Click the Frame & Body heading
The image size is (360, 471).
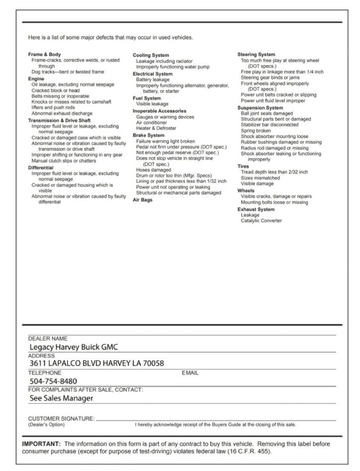tap(44, 55)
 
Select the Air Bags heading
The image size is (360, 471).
tap(142, 200)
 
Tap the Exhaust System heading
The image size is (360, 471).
tap(256, 209)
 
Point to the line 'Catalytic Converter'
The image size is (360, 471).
tap(261, 221)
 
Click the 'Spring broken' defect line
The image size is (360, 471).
tap(256, 130)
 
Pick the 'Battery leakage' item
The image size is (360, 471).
tap(153, 80)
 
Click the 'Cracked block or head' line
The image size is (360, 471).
tap(55, 90)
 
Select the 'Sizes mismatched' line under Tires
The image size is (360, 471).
tap(260, 178)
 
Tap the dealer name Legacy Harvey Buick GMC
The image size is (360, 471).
tap(74, 347)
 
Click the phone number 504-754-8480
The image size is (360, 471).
tap(53, 381)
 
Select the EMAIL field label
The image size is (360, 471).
tap(190, 373)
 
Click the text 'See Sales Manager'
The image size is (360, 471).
tap(61, 398)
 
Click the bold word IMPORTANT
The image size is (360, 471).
tap(41, 444)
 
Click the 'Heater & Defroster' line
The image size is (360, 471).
tap(156, 128)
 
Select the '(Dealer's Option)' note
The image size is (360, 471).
tap(46, 424)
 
